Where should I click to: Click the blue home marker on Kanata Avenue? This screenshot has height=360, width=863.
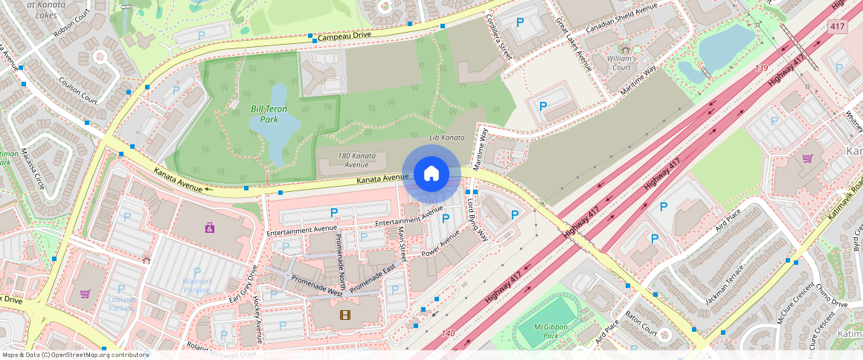431,174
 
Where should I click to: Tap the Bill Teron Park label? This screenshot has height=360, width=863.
269,114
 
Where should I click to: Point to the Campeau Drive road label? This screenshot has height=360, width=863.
344,36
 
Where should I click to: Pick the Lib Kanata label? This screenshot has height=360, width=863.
447,138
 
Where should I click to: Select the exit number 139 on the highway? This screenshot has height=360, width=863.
760,68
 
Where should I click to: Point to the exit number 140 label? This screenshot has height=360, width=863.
447,333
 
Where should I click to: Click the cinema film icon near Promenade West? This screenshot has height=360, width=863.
344,315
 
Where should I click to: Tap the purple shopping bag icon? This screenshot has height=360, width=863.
210,228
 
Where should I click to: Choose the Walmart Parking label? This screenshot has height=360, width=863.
197,285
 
